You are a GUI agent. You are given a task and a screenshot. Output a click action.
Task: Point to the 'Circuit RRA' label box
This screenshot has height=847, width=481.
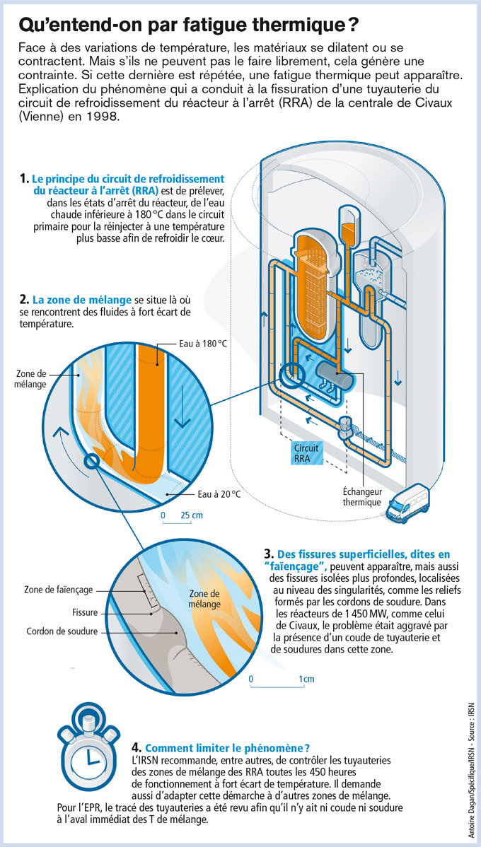pyautogui.click(x=307, y=453)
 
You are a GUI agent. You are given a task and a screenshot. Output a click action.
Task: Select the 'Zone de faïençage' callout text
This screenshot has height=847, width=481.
pyautogui.click(x=58, y=589)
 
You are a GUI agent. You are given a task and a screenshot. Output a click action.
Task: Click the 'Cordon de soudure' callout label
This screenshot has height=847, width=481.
pyautogui.click(x=62, y=631)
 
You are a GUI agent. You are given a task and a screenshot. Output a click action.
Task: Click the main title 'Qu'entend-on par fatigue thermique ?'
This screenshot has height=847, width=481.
pyautogui.click(x=187, y=25)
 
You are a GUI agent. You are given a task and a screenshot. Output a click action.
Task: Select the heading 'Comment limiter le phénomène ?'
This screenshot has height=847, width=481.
pyautogui.click(x=227, y=747)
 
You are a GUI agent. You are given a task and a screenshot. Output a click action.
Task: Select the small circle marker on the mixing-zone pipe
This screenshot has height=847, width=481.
pyautogui.click(x=91, y=462)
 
